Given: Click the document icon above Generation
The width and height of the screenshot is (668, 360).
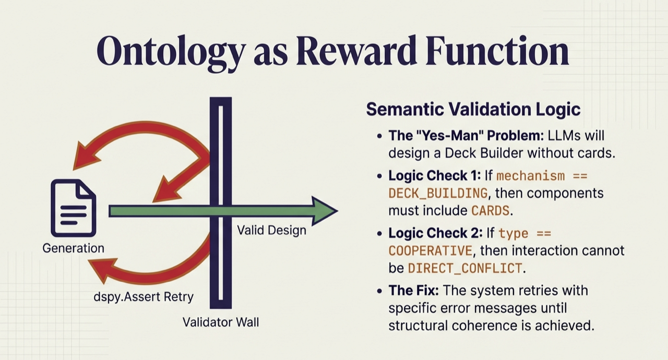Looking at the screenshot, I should [x=73, y=208].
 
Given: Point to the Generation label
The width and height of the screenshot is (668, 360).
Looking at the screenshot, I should [x=73, y=248].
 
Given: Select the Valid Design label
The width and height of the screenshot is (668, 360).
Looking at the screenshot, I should [x=271, y=230].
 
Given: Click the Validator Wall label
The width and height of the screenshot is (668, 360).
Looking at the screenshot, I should [x=220, y=322].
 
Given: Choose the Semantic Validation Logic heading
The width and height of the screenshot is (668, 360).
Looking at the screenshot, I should [x=473, y=109].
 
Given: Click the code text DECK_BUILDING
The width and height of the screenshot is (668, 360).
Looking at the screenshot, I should [x=438, y=193].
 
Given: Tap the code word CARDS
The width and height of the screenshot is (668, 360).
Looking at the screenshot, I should [x=490, y=211].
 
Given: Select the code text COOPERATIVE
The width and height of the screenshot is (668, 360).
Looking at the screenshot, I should [x=430, y=250].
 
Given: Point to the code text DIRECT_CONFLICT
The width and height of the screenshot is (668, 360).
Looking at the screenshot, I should [x=464, y=268].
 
